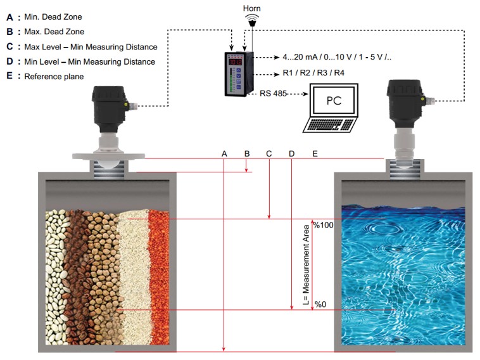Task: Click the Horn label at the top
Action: click(252, 8)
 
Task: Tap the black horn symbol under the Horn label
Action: click(252, 22)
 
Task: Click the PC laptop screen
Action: click(334, 101)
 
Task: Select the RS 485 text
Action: click(273, 93)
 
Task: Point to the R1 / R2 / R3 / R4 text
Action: click(313, 73)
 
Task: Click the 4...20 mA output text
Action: click(337, 57)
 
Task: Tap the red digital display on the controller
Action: click(236, 62)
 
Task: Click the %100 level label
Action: click(324, 225)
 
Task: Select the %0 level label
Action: click(320, 305)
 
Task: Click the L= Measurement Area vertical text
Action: click(306, 265)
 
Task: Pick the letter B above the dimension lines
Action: click(247, 154)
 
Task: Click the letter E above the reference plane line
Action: click(315, 154)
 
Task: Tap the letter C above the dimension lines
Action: click(269, 154)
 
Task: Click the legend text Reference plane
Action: click(54, 77)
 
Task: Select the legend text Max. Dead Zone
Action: click(54, 32)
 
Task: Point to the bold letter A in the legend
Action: click(9, 17)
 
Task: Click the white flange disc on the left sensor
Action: click(108, 156)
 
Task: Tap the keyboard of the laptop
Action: click(330, 125)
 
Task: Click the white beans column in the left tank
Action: click(56, 277)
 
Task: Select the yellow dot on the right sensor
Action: click(423, 99)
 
